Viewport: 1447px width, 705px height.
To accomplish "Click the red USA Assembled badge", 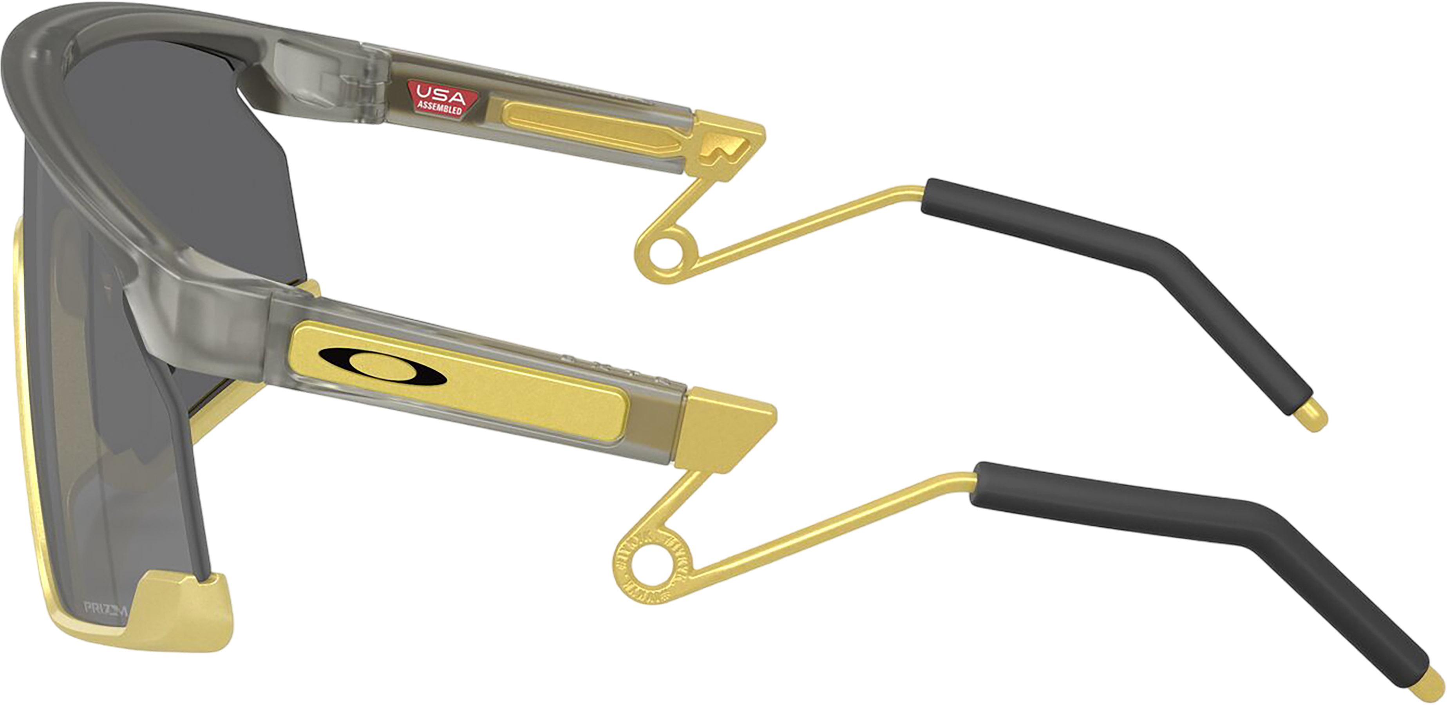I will click(441, 99).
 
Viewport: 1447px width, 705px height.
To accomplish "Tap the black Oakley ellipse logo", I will click(382, 366).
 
